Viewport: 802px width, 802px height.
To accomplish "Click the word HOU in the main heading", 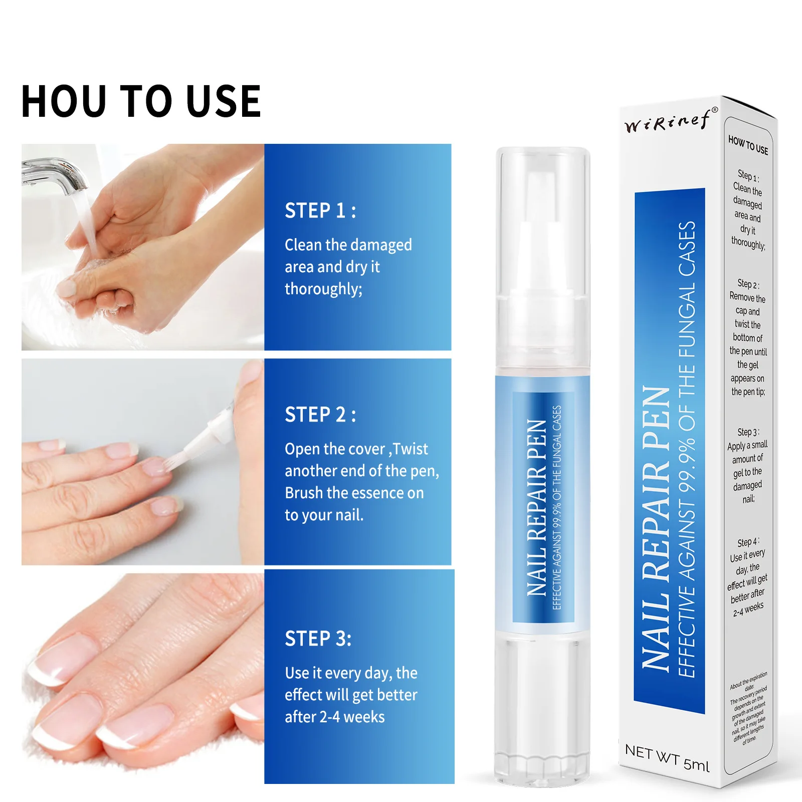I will (64, 102).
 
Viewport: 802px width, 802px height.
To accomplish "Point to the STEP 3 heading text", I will (318, 639).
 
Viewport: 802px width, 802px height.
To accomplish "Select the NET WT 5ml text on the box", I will (667, 757).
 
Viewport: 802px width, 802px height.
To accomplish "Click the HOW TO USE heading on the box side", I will (748, 145).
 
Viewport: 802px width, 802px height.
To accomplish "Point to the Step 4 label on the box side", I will (748, 542).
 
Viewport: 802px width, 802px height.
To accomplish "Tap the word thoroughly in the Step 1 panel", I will (323, 289).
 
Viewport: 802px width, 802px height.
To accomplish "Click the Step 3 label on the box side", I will (748, 432).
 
